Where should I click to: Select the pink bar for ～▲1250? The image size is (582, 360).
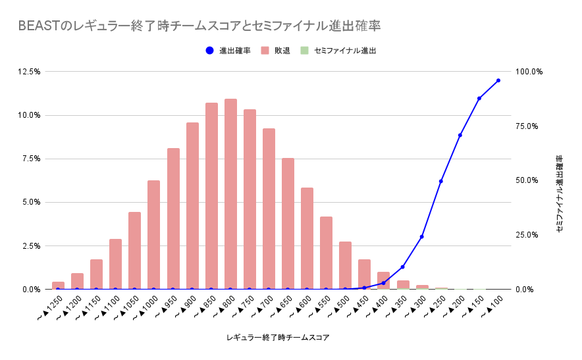coord(58,285)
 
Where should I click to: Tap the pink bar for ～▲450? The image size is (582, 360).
coord(364,274)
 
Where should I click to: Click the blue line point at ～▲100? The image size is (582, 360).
coord(498,80)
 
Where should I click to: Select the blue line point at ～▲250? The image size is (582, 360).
coord(441,181)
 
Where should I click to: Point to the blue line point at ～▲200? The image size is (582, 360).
coord(460,135)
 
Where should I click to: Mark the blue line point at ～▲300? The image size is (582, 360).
coord(422,236)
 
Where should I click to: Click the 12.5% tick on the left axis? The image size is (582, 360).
coord(30,72)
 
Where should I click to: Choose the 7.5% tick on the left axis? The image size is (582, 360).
coord(32,159)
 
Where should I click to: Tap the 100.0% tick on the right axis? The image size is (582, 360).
coord(529,72)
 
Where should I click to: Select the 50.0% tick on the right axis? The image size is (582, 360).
coord(529,180)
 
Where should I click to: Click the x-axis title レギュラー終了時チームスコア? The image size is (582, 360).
coord(277,338)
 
